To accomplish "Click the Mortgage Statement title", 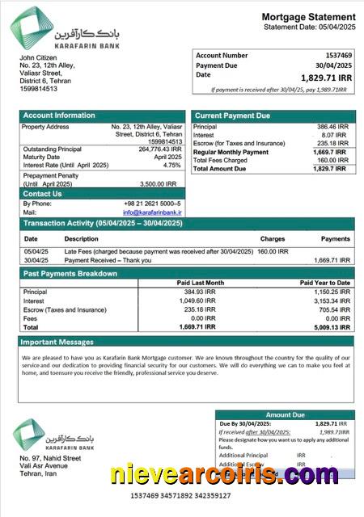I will pyautogui.click(x=308, y=17).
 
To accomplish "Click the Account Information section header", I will pyautogui.click(x=59, y=116).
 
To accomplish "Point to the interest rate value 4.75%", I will pyautogui.click(x=171, y=165).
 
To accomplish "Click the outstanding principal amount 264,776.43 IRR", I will pyautogui.click(x=159, y=149).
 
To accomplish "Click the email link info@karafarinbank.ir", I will pyautogui.click(x=153, y=212).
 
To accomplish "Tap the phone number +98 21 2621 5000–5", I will pyautogui.click(x=153, y=204).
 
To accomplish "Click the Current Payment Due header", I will pyautogui.click(x=232, y=116).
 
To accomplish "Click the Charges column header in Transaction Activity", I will pyautogui.click(x=273, y=239).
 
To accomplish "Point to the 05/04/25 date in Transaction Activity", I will pyautogui.click(x=36, y=251).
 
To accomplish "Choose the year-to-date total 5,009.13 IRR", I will pyautogui.click(x=332, y=328).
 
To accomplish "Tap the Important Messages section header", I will pyautogui.click(x=58, y=342).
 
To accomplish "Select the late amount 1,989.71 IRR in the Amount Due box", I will pyautogui.click(x=332, y=432).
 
